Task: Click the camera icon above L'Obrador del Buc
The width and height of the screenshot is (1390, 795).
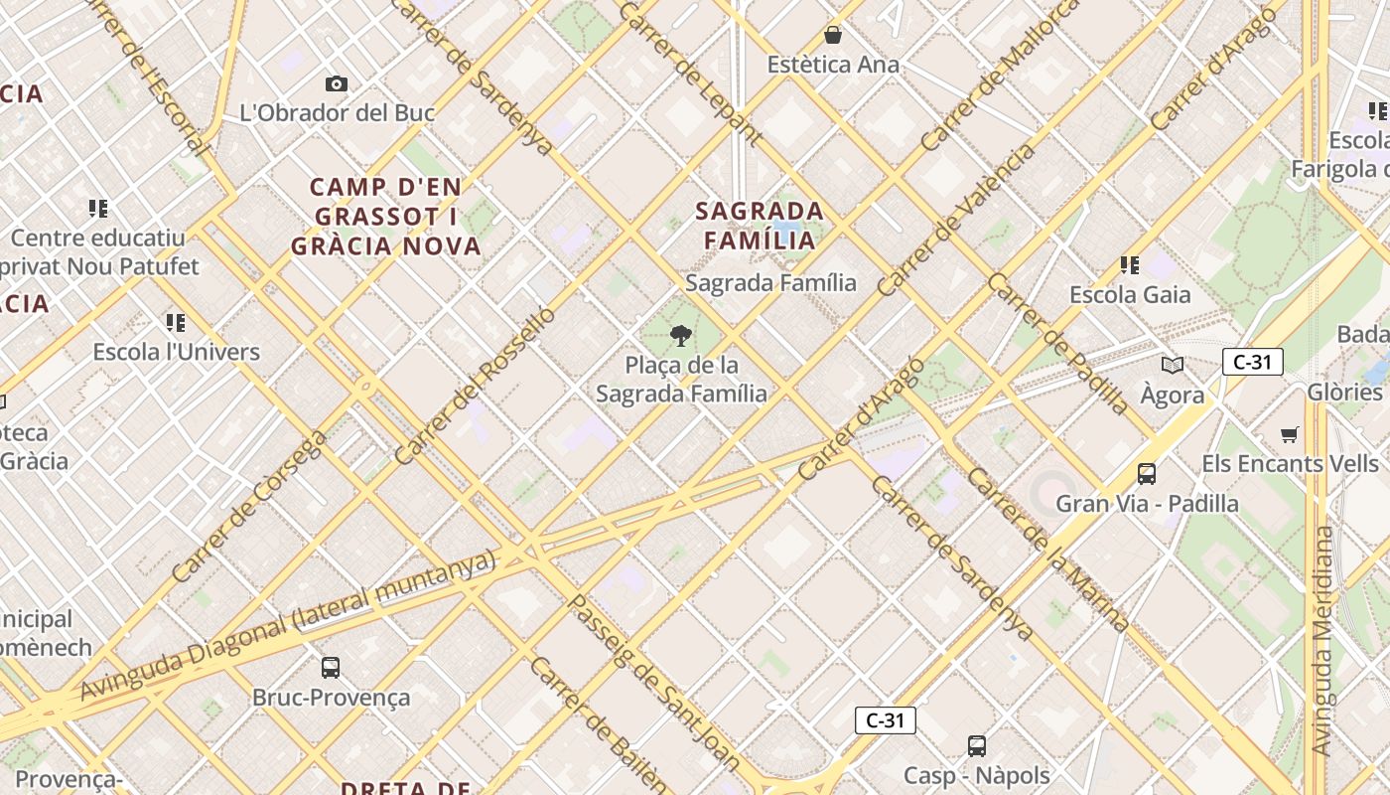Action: point(337,84)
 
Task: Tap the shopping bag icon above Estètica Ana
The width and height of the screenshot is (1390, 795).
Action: point(833,36)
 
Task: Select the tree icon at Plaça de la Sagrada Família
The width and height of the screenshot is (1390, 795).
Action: point(680,336)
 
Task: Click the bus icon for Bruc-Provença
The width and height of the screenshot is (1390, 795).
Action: point(331,668)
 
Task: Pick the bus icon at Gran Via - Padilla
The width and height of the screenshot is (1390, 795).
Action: point(1147,474)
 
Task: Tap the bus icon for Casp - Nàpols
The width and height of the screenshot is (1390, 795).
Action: point(977,745)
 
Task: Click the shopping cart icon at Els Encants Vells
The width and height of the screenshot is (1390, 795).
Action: point(1290,434)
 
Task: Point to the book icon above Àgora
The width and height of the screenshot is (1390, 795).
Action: point(1173,365)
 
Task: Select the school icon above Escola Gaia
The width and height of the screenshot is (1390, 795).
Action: point(1129,265)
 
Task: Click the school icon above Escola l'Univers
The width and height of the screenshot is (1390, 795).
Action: point(176,322)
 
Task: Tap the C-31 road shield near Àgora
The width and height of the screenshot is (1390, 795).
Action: point(1252,362)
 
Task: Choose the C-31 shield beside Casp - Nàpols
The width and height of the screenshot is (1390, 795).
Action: point(885,720)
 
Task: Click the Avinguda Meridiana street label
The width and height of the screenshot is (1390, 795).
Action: point(1322,641)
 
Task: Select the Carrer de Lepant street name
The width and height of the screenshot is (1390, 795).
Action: point(690,73)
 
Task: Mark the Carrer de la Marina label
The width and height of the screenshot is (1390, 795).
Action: point(1047,549)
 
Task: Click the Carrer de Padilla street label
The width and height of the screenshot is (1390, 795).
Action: point(1057,343)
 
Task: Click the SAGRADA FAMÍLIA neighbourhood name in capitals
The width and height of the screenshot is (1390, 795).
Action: point(760,226)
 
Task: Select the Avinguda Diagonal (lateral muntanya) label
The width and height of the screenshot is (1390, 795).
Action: point(287,624)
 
